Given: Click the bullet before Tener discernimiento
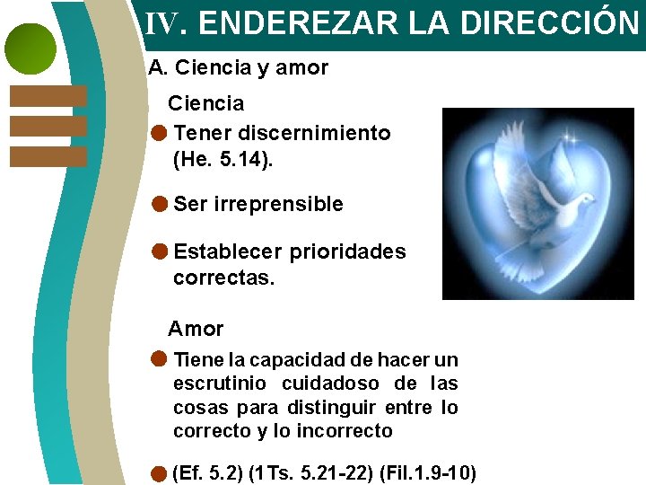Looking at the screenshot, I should pyautogui.click(x=159, y=133).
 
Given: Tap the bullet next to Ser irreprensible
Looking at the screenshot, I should pyautogui.click(x=159, y=204).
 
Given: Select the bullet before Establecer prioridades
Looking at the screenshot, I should pyautogui.click(x=159, y=251).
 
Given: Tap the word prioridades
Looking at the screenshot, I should pyautogui.click(x=347, y=251).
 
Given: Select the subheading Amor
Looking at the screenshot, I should pyautogui.click(x=196, y=329).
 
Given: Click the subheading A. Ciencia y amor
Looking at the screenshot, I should pyautogui.click(x=239, y=67).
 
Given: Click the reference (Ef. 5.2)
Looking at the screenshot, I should pyautogui.click(x=205, y=473).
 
